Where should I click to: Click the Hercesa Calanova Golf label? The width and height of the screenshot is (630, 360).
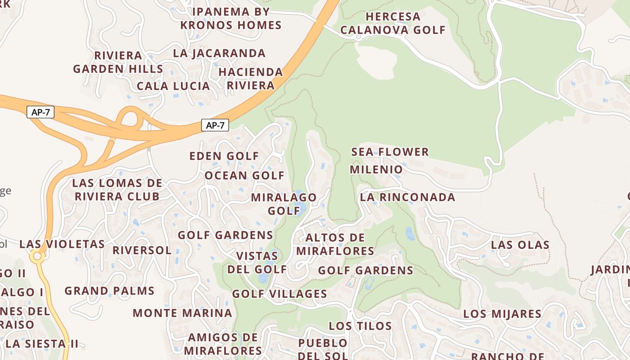click(392, 23)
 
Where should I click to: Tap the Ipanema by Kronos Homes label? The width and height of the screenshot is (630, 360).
click(231, 18)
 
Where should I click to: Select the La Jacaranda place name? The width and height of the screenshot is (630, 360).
click(219, 53)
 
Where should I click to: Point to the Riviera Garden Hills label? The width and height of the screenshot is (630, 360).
click(118, 62)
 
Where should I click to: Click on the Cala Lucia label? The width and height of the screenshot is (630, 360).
click(173, 86)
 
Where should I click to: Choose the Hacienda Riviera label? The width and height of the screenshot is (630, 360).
click(251, 79)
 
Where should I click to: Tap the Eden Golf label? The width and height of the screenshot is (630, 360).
click(224, 156)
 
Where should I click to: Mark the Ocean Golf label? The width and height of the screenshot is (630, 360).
click(244, 175)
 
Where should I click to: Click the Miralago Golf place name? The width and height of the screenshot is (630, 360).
click(284, 204)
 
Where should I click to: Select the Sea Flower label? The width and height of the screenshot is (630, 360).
click(390, 152)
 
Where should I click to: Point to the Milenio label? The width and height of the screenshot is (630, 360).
click(376, 170)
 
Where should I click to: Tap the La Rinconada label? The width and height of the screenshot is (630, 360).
click(407, 198)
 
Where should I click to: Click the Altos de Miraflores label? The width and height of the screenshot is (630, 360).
click(335, 244)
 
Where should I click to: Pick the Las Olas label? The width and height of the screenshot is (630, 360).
click(520, 245)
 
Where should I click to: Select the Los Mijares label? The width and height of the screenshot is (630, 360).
click(502, 314)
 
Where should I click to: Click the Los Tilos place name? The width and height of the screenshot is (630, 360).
click(360, 326)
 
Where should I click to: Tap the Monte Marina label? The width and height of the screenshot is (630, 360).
click(182, 313)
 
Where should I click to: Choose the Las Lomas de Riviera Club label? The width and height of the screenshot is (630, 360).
click(117, 190)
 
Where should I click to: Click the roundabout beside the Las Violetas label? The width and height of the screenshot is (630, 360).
click(37, 257)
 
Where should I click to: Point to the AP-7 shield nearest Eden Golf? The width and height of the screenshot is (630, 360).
click(215, 126)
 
